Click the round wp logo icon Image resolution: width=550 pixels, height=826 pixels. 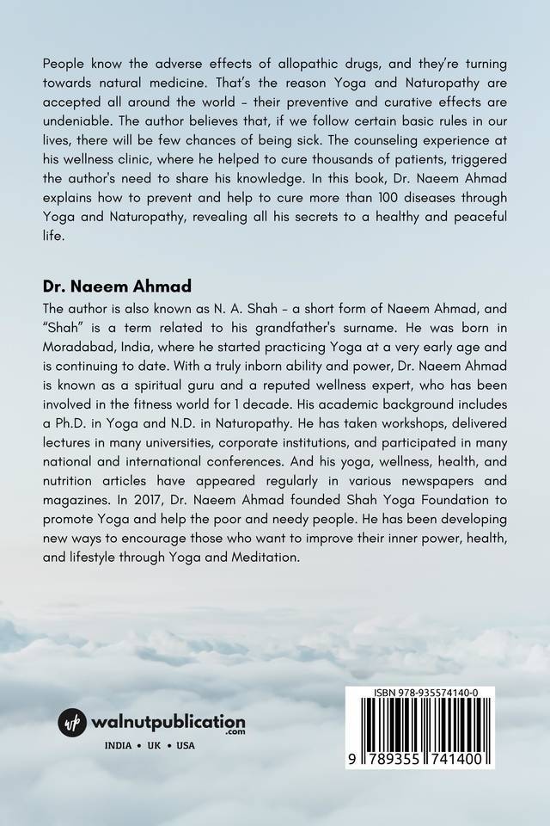click(73, 722)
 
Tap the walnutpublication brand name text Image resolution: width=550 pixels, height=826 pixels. click(169, 721)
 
